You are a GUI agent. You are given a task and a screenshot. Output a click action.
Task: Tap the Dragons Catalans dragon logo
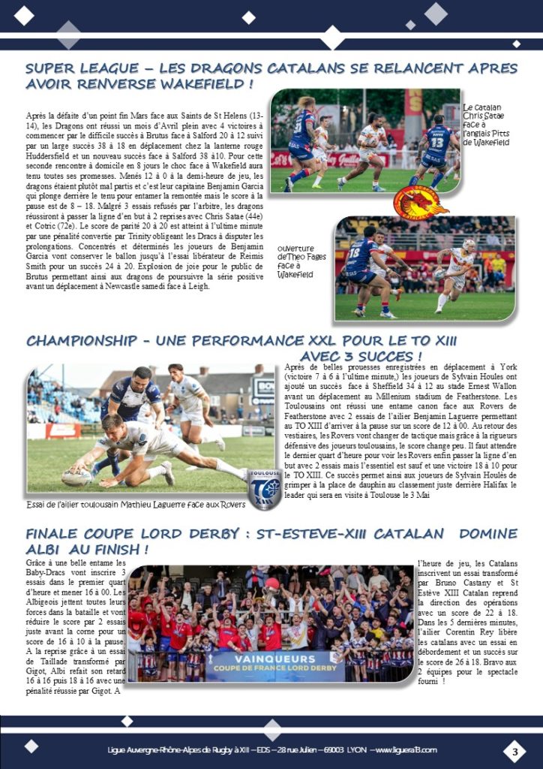[x=419, y=202]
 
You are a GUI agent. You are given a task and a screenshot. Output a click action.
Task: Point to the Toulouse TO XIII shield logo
[x=264, y=489]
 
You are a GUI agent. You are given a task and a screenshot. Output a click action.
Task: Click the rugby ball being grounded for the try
[x=76, y=476]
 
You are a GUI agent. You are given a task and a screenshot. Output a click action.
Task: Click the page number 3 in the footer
[x=515, y=750]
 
